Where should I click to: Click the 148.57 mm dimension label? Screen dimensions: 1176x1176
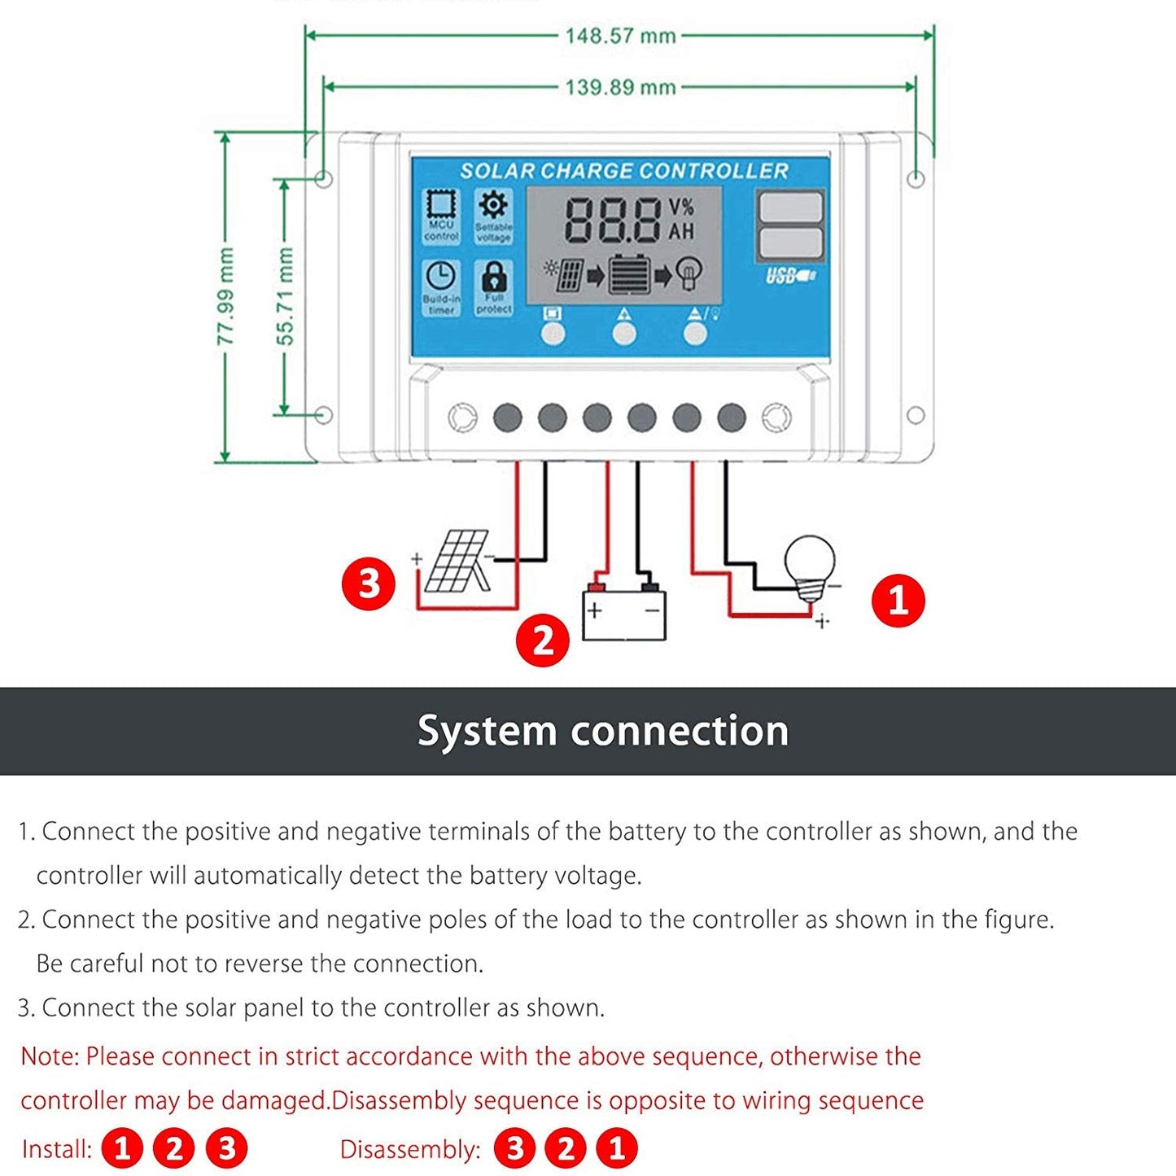coord(620,36)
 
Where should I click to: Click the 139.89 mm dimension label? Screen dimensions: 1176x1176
coord(620,87)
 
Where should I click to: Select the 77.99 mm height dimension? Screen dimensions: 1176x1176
coord(226,297)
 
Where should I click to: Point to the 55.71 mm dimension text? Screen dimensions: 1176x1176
coord(285,297)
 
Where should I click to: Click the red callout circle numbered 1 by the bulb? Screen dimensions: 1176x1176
coord(898,601)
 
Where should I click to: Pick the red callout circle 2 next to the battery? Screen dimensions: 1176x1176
coord(543,640)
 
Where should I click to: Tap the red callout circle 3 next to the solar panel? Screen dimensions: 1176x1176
coord(369,584)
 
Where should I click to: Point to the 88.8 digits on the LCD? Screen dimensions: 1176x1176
coord(613,220)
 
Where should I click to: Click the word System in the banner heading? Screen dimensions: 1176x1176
coord(487,730)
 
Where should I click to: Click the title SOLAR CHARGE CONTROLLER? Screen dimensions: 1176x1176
coord(624,171)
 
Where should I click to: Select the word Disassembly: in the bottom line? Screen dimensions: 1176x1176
coord(410,1149)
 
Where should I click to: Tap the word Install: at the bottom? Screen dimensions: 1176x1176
coord(57,1149)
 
